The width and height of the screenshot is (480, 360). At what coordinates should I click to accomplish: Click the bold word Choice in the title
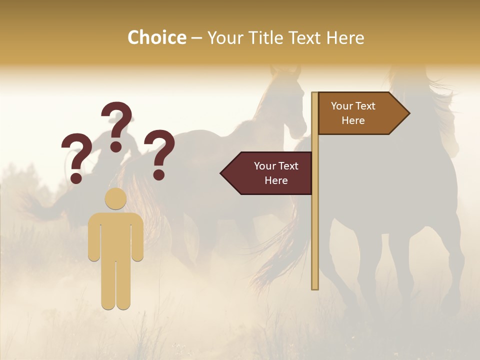pos(156,37)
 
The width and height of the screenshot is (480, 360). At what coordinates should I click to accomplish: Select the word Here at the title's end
pos(345,38)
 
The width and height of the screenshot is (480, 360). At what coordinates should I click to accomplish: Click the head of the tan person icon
pos(115,199)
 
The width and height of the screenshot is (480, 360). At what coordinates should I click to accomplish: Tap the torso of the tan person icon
pos(115,235)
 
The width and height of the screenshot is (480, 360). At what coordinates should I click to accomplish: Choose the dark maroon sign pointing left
pos(270,173)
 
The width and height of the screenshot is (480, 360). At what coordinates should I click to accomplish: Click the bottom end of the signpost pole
pos(315,287)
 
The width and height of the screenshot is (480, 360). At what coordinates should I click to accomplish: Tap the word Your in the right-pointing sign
pos(341,106)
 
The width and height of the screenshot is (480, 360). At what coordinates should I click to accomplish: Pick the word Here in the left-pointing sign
pos(276,180)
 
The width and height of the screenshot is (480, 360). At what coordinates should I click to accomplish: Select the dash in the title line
pos(196,38)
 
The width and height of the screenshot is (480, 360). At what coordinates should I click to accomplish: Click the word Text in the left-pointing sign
pos(288,166)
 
